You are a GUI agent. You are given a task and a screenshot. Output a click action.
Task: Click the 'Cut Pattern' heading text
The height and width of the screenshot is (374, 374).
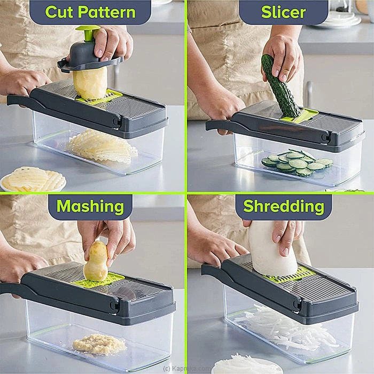pyautogui.click(x=90, y=12)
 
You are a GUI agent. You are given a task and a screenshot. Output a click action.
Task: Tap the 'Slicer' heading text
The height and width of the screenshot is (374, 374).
pyautogui.click(x=283, y=12)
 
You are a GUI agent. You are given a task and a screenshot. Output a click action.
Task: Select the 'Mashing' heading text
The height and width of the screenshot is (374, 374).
pyautogui.click(x=90, y=206)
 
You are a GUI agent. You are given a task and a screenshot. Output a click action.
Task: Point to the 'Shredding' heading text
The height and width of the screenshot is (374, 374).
pyautogui.click(x=284, y=206)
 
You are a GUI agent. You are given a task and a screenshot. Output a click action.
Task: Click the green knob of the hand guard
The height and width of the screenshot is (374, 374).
pyautogui.click(x=88, y=33)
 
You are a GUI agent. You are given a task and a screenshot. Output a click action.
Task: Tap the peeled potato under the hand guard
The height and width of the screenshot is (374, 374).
pyautogui.click(x=90, y=83)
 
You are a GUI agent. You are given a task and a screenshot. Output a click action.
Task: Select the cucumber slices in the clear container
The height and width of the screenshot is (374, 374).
pyautogui.click(x=297, y=163)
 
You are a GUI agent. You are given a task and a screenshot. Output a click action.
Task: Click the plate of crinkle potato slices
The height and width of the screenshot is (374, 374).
pyautogui.click(x=33, y=180)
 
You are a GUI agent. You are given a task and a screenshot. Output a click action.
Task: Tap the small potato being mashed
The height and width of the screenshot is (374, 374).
pyautogui.click(x=96, y=261)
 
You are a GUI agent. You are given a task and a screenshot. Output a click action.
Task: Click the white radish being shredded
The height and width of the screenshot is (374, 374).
pyautogui.click(x=272, y=250)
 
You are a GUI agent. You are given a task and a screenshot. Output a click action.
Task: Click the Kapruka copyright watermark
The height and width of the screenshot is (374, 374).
pyautogui.click(x=184, y=369)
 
